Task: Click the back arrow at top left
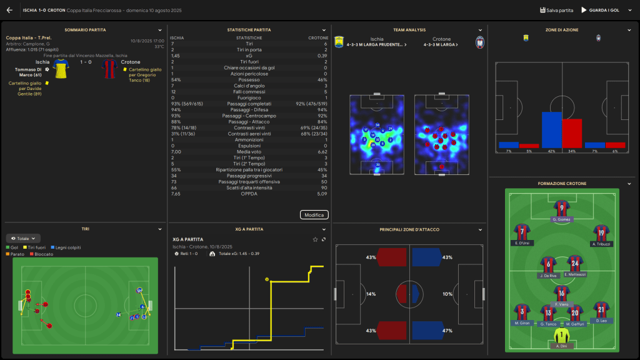[9, 10]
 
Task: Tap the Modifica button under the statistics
[314, 215]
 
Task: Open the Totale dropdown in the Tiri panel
[24, 238]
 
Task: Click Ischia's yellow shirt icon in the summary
[61, 69]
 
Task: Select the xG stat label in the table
[249, 56]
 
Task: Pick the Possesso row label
[249, 79]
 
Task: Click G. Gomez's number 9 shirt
[562, 208]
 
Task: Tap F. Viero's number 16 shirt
[562, 293]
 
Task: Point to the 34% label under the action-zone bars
[572, 151]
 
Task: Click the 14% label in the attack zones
[371, 294]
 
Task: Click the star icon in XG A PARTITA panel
[316, 239]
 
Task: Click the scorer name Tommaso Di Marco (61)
[29, 72]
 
